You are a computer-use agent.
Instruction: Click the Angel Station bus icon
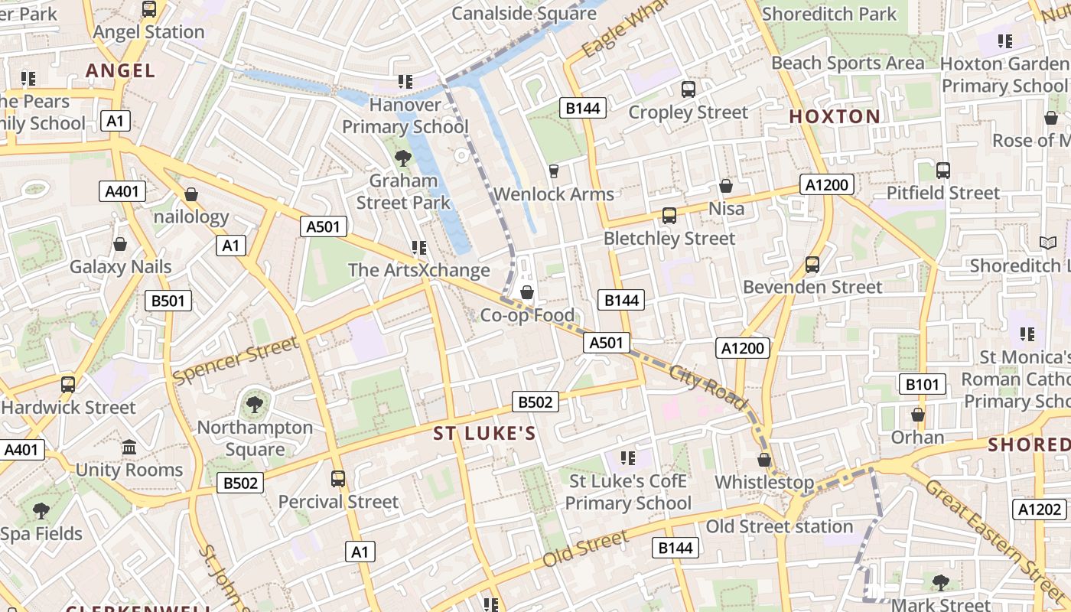coord(149,9)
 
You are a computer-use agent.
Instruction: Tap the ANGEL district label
coord(121,71)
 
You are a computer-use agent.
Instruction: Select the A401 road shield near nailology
coord(122,191)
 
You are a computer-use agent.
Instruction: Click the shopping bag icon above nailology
coord(191,194)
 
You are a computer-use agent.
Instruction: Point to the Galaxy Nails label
coord(121,267)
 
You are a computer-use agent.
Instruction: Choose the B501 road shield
coord(168,301)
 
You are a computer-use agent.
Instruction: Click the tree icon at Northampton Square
coord(255,404)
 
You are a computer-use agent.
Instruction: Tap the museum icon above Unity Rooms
coord(129,447)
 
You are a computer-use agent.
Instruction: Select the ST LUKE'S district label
coord(485,434)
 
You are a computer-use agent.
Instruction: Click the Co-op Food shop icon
coord(527,292)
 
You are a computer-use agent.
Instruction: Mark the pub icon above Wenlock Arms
coord(554,171)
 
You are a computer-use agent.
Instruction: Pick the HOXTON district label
coord(835,117)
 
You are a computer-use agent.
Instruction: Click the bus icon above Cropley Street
coord(688,90)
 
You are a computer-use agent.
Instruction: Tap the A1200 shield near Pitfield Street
coord(827,184)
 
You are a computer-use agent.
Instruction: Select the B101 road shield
coord(922,384)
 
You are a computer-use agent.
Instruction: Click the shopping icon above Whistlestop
coord(763,460)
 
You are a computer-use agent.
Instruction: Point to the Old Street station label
coord(779,526)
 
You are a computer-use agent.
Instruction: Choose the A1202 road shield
coord(1040,509)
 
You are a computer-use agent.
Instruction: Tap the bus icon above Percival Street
coord(338,479)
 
